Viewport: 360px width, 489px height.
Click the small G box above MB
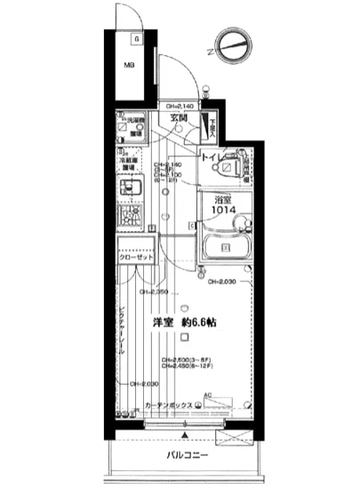pyautogui.click(x=135, y=38)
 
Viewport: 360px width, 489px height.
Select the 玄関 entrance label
pyautogui.click(x=179, y=118)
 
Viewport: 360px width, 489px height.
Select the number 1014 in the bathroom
pyautogui.click(x=222, y=211)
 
